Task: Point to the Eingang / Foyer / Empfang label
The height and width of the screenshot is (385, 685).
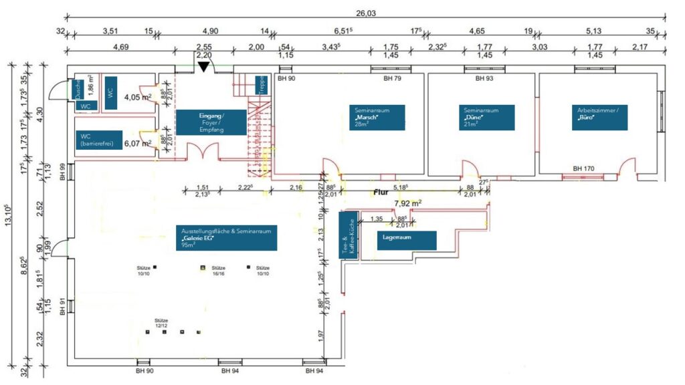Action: [x=211, y=123]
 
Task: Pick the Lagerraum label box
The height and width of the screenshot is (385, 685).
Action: [x=407, y=240]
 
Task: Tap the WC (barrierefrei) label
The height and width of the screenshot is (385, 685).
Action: [x=98, y=140]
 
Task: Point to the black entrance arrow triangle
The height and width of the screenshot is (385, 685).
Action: [x=203, y=66]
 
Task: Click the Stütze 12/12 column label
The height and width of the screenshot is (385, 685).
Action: [x=163, y=323]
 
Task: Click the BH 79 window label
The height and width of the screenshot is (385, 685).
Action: [x=393, y=78]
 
